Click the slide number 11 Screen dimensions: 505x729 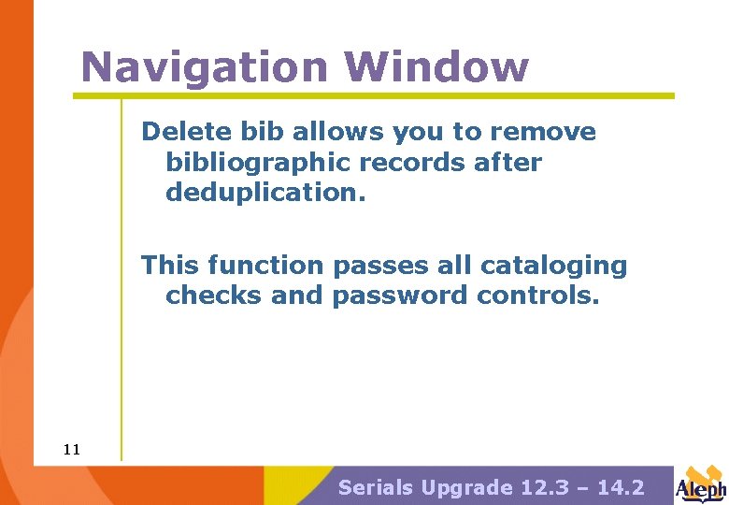[x=72, y=450]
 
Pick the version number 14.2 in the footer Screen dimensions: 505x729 [x=620, y=487]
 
